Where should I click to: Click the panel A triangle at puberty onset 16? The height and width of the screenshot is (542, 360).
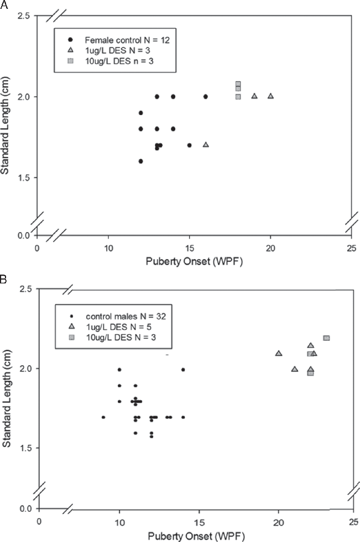(206, 145)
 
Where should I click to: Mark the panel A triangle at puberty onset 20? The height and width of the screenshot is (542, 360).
(270, 96)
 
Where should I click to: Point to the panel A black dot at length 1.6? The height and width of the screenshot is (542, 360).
(140, 161)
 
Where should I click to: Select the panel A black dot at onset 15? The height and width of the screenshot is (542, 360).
(189, 145)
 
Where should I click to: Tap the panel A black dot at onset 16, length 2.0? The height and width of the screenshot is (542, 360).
(206, 97)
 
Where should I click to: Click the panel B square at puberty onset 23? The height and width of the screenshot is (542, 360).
(326, 338)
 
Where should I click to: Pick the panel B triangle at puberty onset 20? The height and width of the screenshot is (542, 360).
(279, 354)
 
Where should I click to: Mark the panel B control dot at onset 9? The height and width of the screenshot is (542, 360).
(103, 417)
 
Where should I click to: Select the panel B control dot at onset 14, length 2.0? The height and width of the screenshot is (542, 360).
(183, 370)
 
